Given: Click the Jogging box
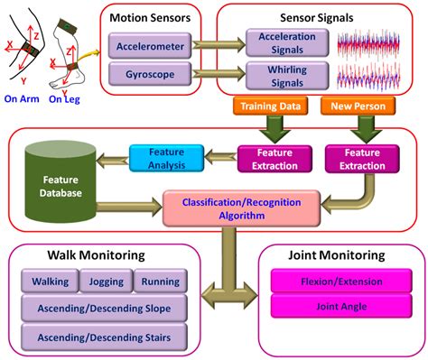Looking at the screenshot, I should [107, 282].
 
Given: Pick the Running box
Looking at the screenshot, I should [160, 282].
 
